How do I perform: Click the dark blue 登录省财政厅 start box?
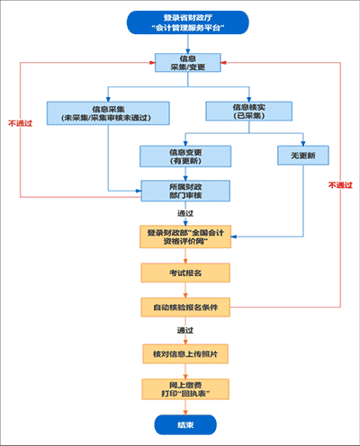pos(185,22)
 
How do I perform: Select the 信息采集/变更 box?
pos(185,62)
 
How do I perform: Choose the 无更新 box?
pos(301,155)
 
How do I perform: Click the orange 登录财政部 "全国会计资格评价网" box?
pos(186,236)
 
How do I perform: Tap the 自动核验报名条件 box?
pos(186,308)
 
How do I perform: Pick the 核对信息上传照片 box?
pos(186,354)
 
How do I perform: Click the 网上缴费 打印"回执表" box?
pos(186,388)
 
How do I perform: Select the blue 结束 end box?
pos(185,424)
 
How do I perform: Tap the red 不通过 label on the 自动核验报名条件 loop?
pos(339,184)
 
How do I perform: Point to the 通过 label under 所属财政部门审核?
pos(185,214)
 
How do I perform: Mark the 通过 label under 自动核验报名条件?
pos(185,331)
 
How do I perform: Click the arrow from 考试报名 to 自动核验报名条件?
pos(186,290)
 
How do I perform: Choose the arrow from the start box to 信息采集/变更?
pos(185,44)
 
